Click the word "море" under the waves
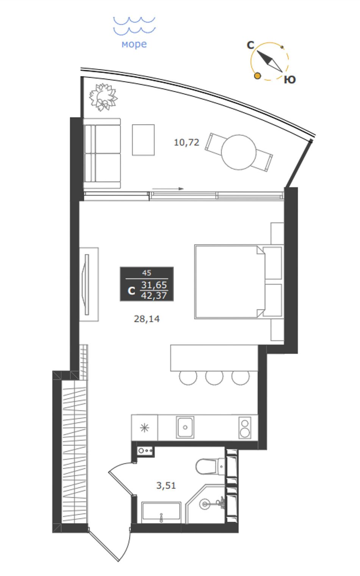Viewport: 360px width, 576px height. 134,44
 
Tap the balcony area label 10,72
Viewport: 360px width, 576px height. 186,142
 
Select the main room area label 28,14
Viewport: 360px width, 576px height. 147,319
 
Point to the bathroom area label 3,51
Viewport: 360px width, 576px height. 166,485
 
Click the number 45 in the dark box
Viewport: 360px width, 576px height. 147,273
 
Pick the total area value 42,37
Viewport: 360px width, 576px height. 154,295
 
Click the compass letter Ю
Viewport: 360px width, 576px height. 290,80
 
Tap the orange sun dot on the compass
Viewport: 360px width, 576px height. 257,76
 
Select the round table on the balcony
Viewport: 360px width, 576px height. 239,152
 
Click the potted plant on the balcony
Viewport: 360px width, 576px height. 103,97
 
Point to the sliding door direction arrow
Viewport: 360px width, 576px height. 168,189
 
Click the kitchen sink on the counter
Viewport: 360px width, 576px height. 185,427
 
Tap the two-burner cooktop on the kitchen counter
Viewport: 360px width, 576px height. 245,427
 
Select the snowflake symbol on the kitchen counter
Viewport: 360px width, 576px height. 144,428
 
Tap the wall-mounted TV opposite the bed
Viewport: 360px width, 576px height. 86,284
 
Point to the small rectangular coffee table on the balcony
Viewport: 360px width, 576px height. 143,140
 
